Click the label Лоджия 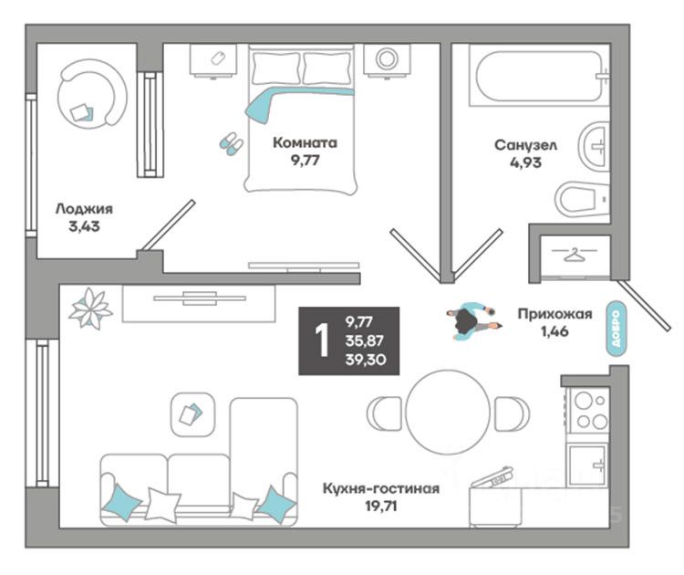tap(78, 208)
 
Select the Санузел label tap(526, 145)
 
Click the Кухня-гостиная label tap(380, 488)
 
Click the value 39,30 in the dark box tap(364, 359)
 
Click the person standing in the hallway tap(472, 321)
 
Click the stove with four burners tap(588, 410)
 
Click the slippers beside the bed tap(230, 141)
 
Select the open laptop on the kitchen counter tap(492, 477)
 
